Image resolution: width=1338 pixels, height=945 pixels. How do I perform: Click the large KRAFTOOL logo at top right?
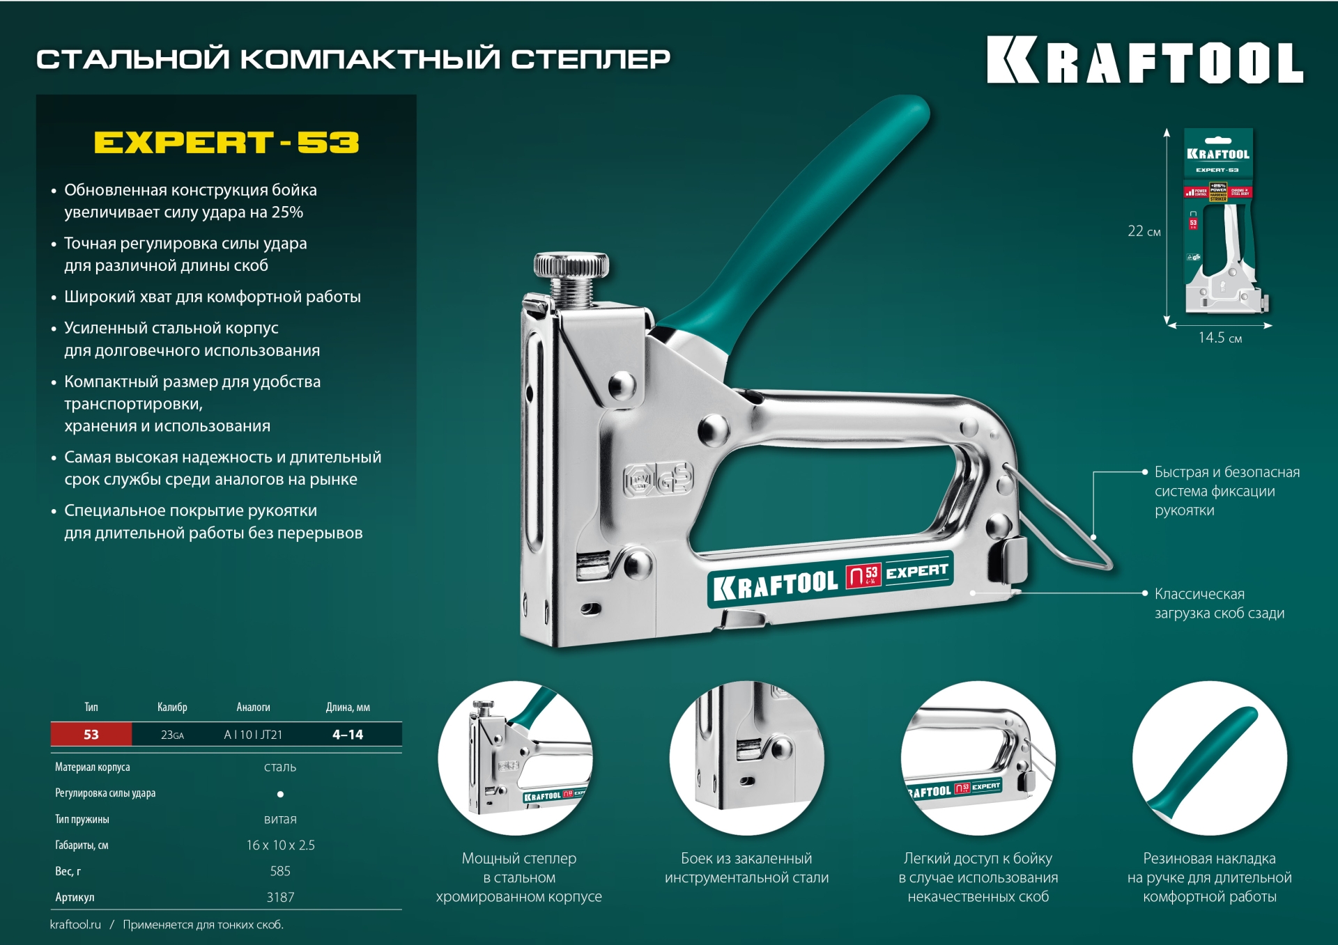click(1144, 61)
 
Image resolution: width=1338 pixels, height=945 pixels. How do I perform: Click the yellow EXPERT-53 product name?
click(226, 143)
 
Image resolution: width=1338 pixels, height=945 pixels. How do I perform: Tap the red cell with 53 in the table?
click(91, 735)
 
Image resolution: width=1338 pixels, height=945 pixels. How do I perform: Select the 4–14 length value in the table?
click(348, 735)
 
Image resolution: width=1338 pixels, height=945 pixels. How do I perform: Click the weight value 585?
click(280, 871)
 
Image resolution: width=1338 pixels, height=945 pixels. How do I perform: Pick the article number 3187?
click(280, 898)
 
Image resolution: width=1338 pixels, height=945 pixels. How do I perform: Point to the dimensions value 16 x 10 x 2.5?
click(280, 845)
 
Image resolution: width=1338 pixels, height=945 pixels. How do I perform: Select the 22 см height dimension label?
click(1144, 231)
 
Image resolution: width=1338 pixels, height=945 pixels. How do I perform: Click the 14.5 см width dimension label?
click(1220, 338)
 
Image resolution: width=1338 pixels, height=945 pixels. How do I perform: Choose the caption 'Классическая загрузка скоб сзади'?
click(1219, 604)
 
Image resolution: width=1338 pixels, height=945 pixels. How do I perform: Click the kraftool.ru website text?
click(75, 925)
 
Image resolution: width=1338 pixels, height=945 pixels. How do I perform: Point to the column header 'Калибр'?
click(172, 708)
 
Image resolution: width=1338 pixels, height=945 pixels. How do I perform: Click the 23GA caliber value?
click(172, 735)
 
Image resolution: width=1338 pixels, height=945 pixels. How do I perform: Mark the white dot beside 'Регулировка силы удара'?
click(280, 794)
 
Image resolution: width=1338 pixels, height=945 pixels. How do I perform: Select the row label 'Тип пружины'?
click(82, 820)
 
